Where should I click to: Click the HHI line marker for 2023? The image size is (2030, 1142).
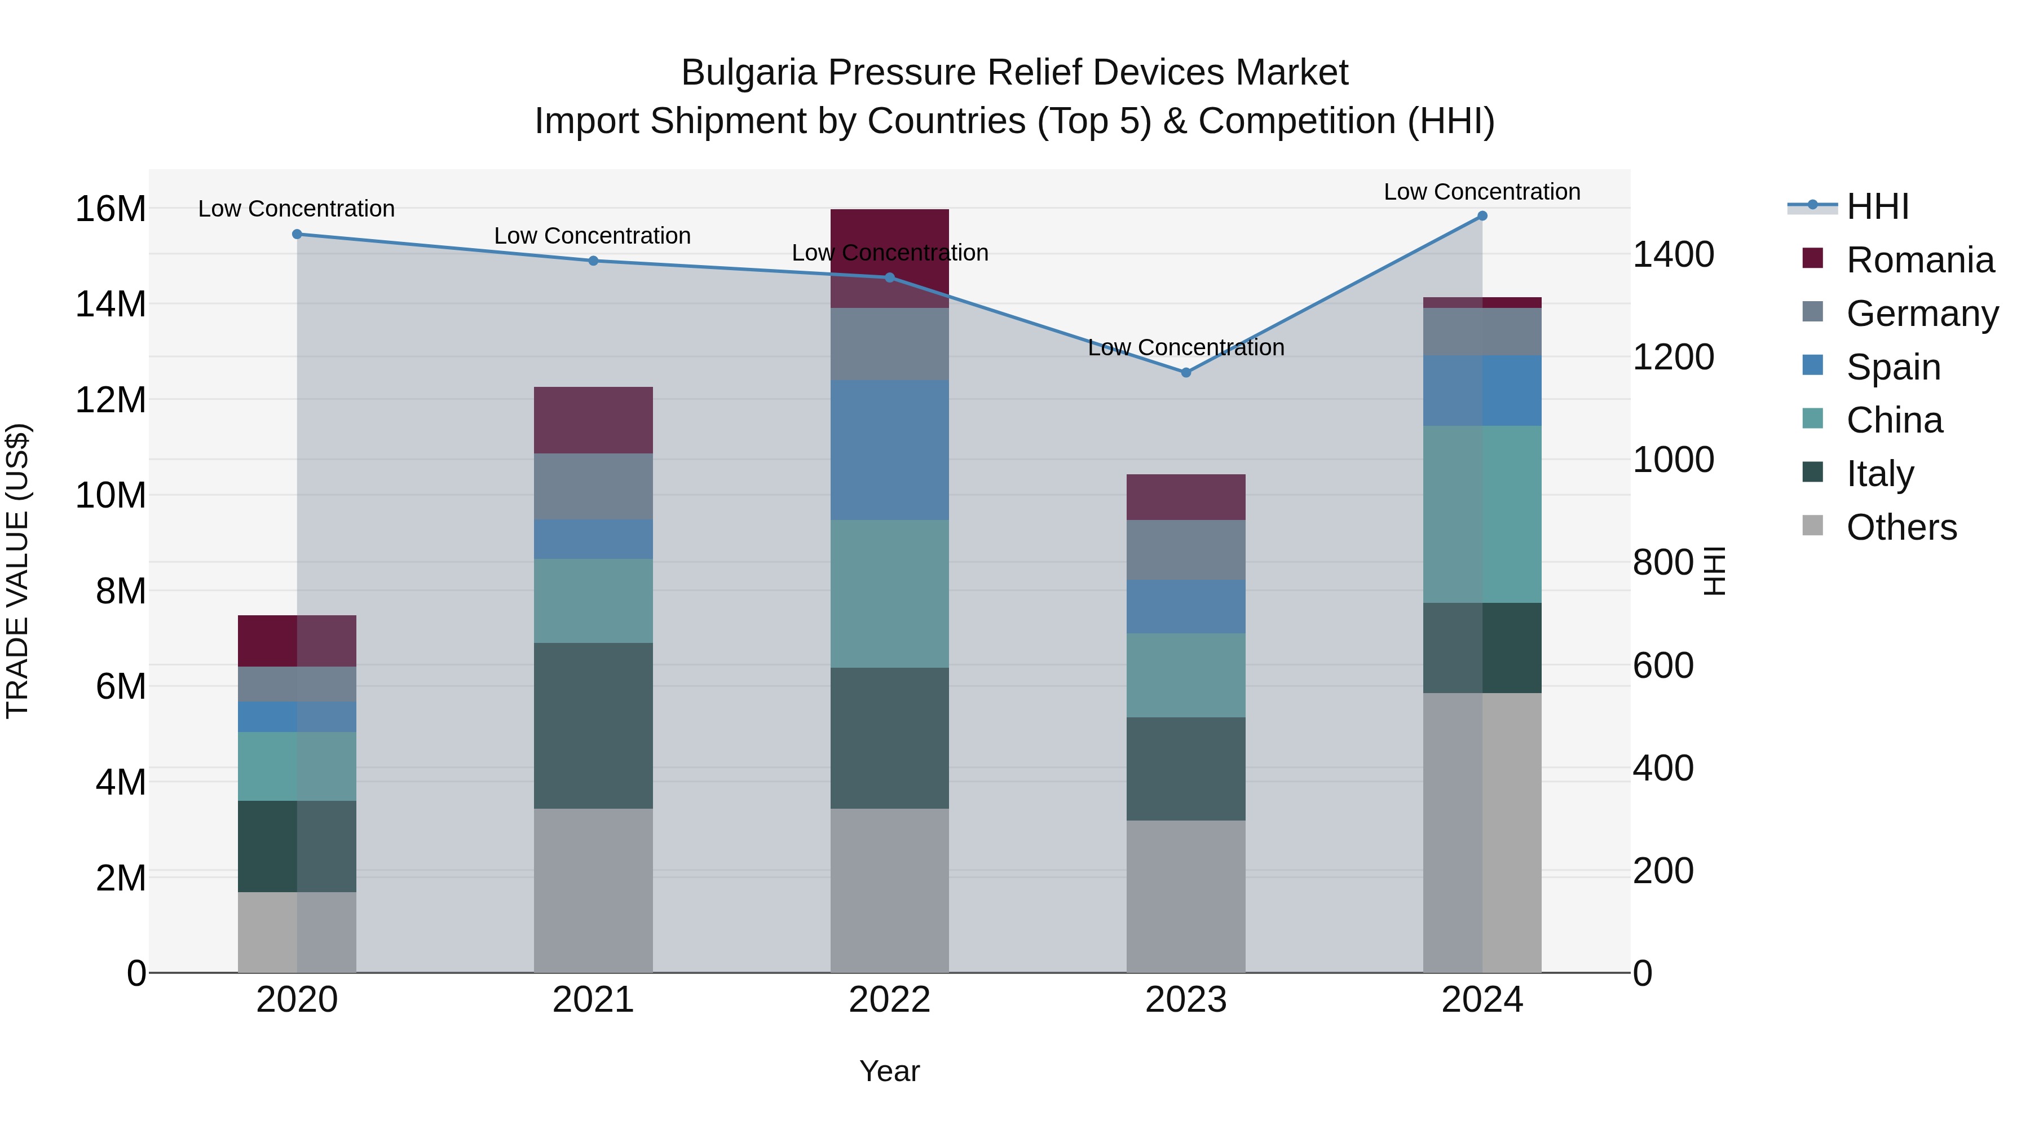coord(1185,372)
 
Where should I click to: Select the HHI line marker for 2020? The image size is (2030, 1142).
coord(297,234)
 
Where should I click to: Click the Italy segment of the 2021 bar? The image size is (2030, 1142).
coord(593,725)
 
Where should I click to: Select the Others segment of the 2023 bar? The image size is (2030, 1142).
coord(1185,896)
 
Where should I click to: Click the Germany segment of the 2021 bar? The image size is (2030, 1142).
coord(593,486)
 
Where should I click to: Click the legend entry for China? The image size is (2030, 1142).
coord(1895,420)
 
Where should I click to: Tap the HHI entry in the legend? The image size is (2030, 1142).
coord(1877,206)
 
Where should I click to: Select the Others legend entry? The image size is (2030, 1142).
coord(1901,527)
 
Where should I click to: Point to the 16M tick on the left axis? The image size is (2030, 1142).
coord(111,209)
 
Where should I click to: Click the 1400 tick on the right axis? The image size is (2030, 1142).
coord(1672,254)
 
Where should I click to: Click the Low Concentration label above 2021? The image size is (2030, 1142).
coord(592,236)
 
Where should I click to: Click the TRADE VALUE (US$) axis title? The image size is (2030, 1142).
coord(17,571)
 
